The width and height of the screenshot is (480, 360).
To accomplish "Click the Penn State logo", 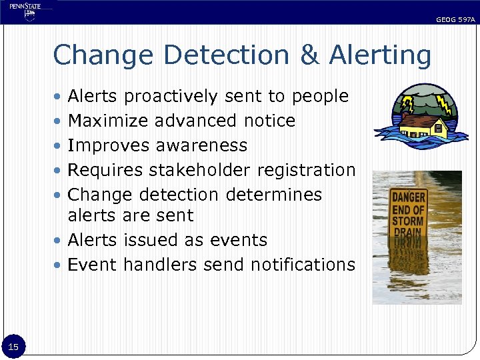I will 25,11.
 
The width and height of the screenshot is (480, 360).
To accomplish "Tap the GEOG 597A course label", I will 455,20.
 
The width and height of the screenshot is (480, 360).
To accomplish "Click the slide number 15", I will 13,346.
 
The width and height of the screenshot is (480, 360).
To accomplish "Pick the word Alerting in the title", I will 379,56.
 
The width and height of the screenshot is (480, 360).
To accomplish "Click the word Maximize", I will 108,121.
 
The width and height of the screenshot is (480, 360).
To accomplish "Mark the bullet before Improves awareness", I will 60,145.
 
